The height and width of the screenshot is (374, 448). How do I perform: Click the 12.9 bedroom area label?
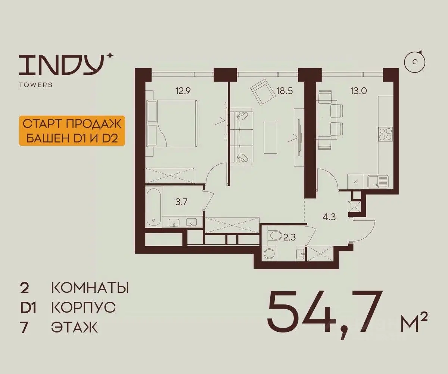point(183,91)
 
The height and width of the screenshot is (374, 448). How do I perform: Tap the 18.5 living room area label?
point(285,91)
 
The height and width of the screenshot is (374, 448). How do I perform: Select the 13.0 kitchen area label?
point(358,91)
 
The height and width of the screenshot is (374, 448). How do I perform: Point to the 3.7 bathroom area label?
point(181,202)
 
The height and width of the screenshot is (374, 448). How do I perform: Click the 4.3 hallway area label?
point(329,217)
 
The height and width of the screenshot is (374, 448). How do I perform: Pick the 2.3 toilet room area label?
point(290,237)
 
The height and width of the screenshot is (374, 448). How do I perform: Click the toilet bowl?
point(276,235)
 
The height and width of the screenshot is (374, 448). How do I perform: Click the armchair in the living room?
point(263,92)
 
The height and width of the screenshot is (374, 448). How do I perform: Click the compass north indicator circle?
point(415,62)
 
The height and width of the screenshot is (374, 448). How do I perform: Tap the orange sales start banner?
point(72,131)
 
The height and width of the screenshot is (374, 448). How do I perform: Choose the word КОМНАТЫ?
point(90,288)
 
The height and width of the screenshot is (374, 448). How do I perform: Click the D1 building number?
point(28,308)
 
